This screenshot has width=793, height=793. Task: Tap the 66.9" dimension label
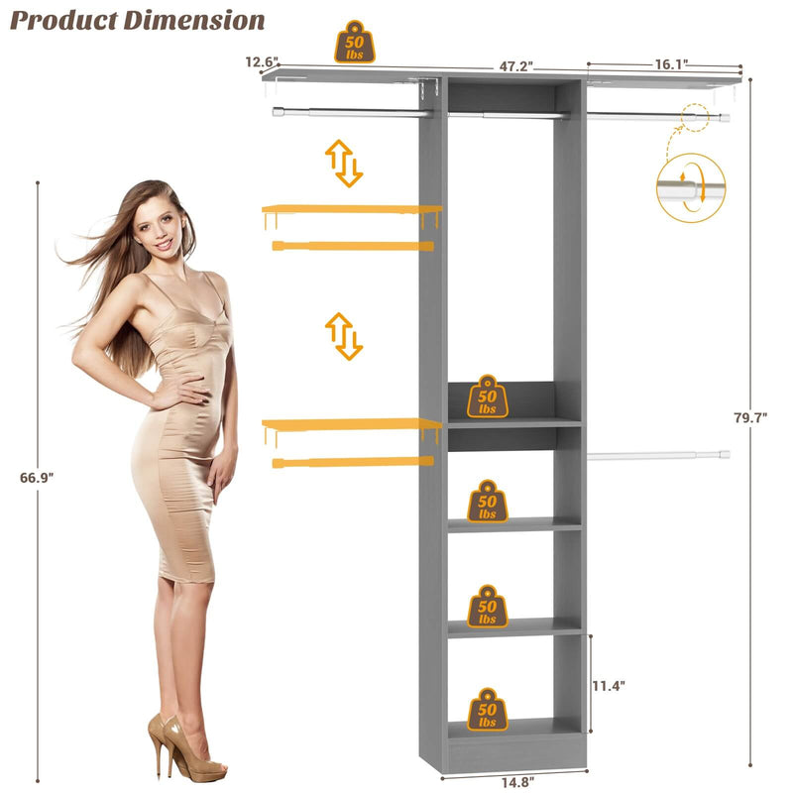click(x=38, y=477)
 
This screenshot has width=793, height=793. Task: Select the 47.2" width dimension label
click(x=515, y=66)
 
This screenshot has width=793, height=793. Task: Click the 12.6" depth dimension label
click(x=263, y=62)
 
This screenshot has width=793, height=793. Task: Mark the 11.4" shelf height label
click(x=609, y=685)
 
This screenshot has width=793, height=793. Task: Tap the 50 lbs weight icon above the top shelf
click(x=354, y=43)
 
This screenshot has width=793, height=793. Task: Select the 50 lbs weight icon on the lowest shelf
click(x=487, y=710)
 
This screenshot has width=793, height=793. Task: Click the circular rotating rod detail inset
click(x=691, y=187)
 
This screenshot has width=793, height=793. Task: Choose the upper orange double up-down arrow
click(x=344, y=164)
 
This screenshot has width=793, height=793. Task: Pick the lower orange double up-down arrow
click(x=344, y=336)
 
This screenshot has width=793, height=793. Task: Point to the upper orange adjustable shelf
click(x=351, y=210)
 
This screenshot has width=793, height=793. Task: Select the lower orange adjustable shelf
click(x=351, y=424)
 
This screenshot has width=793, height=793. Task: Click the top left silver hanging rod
click(x=352, y=113)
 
